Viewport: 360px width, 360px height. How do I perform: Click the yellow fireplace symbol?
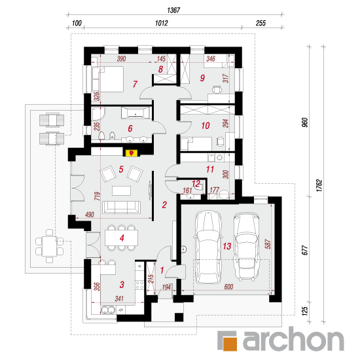coord(132,153)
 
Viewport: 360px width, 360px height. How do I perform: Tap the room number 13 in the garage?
coord(227,246)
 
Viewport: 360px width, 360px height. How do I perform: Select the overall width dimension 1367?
coord(173,10)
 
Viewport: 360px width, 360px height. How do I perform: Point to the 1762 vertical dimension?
coord(319,185)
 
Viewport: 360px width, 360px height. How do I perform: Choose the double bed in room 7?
coord(108,79)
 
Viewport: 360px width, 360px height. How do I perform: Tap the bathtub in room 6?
coord(135,113)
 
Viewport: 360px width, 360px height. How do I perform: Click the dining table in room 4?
coord(122,238)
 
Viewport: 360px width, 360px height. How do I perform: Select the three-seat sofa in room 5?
coord(121,207)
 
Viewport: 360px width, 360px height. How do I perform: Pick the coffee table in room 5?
coord(122,190)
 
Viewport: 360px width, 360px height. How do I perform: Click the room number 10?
coord(206,126)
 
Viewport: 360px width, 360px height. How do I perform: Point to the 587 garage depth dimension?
coord(268,244)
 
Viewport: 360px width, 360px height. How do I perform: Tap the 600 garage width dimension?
coord(228,287)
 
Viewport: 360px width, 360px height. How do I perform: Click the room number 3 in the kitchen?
coord(122,285)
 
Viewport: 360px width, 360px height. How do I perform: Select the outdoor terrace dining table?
coord(49,246)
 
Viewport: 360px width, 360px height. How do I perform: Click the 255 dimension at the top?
coord(261,23)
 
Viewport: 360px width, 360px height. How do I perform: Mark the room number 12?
coord(196,184)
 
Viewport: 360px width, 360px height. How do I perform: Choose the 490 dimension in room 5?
coord(89,215)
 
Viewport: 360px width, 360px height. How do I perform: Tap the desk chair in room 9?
coord(217,89)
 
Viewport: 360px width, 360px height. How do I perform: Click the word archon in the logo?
coord(293,339)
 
